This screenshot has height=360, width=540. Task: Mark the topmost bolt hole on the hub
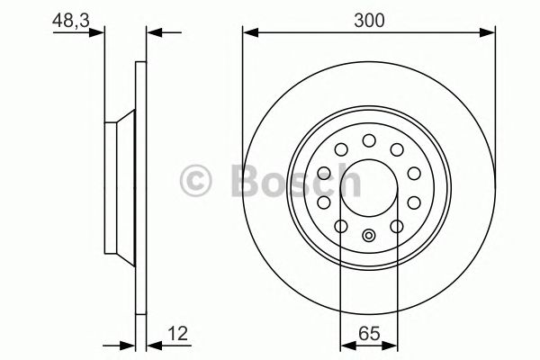[x=369, y=140]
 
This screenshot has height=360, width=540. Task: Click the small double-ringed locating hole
[x=369, y=237]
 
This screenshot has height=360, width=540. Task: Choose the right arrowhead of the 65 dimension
[x=393, y=344]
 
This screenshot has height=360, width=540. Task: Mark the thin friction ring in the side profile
[x=139, y=188]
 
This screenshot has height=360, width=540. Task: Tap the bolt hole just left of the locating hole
[x=341, y=225]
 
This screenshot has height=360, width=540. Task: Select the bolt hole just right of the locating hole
[x=397, y=225]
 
